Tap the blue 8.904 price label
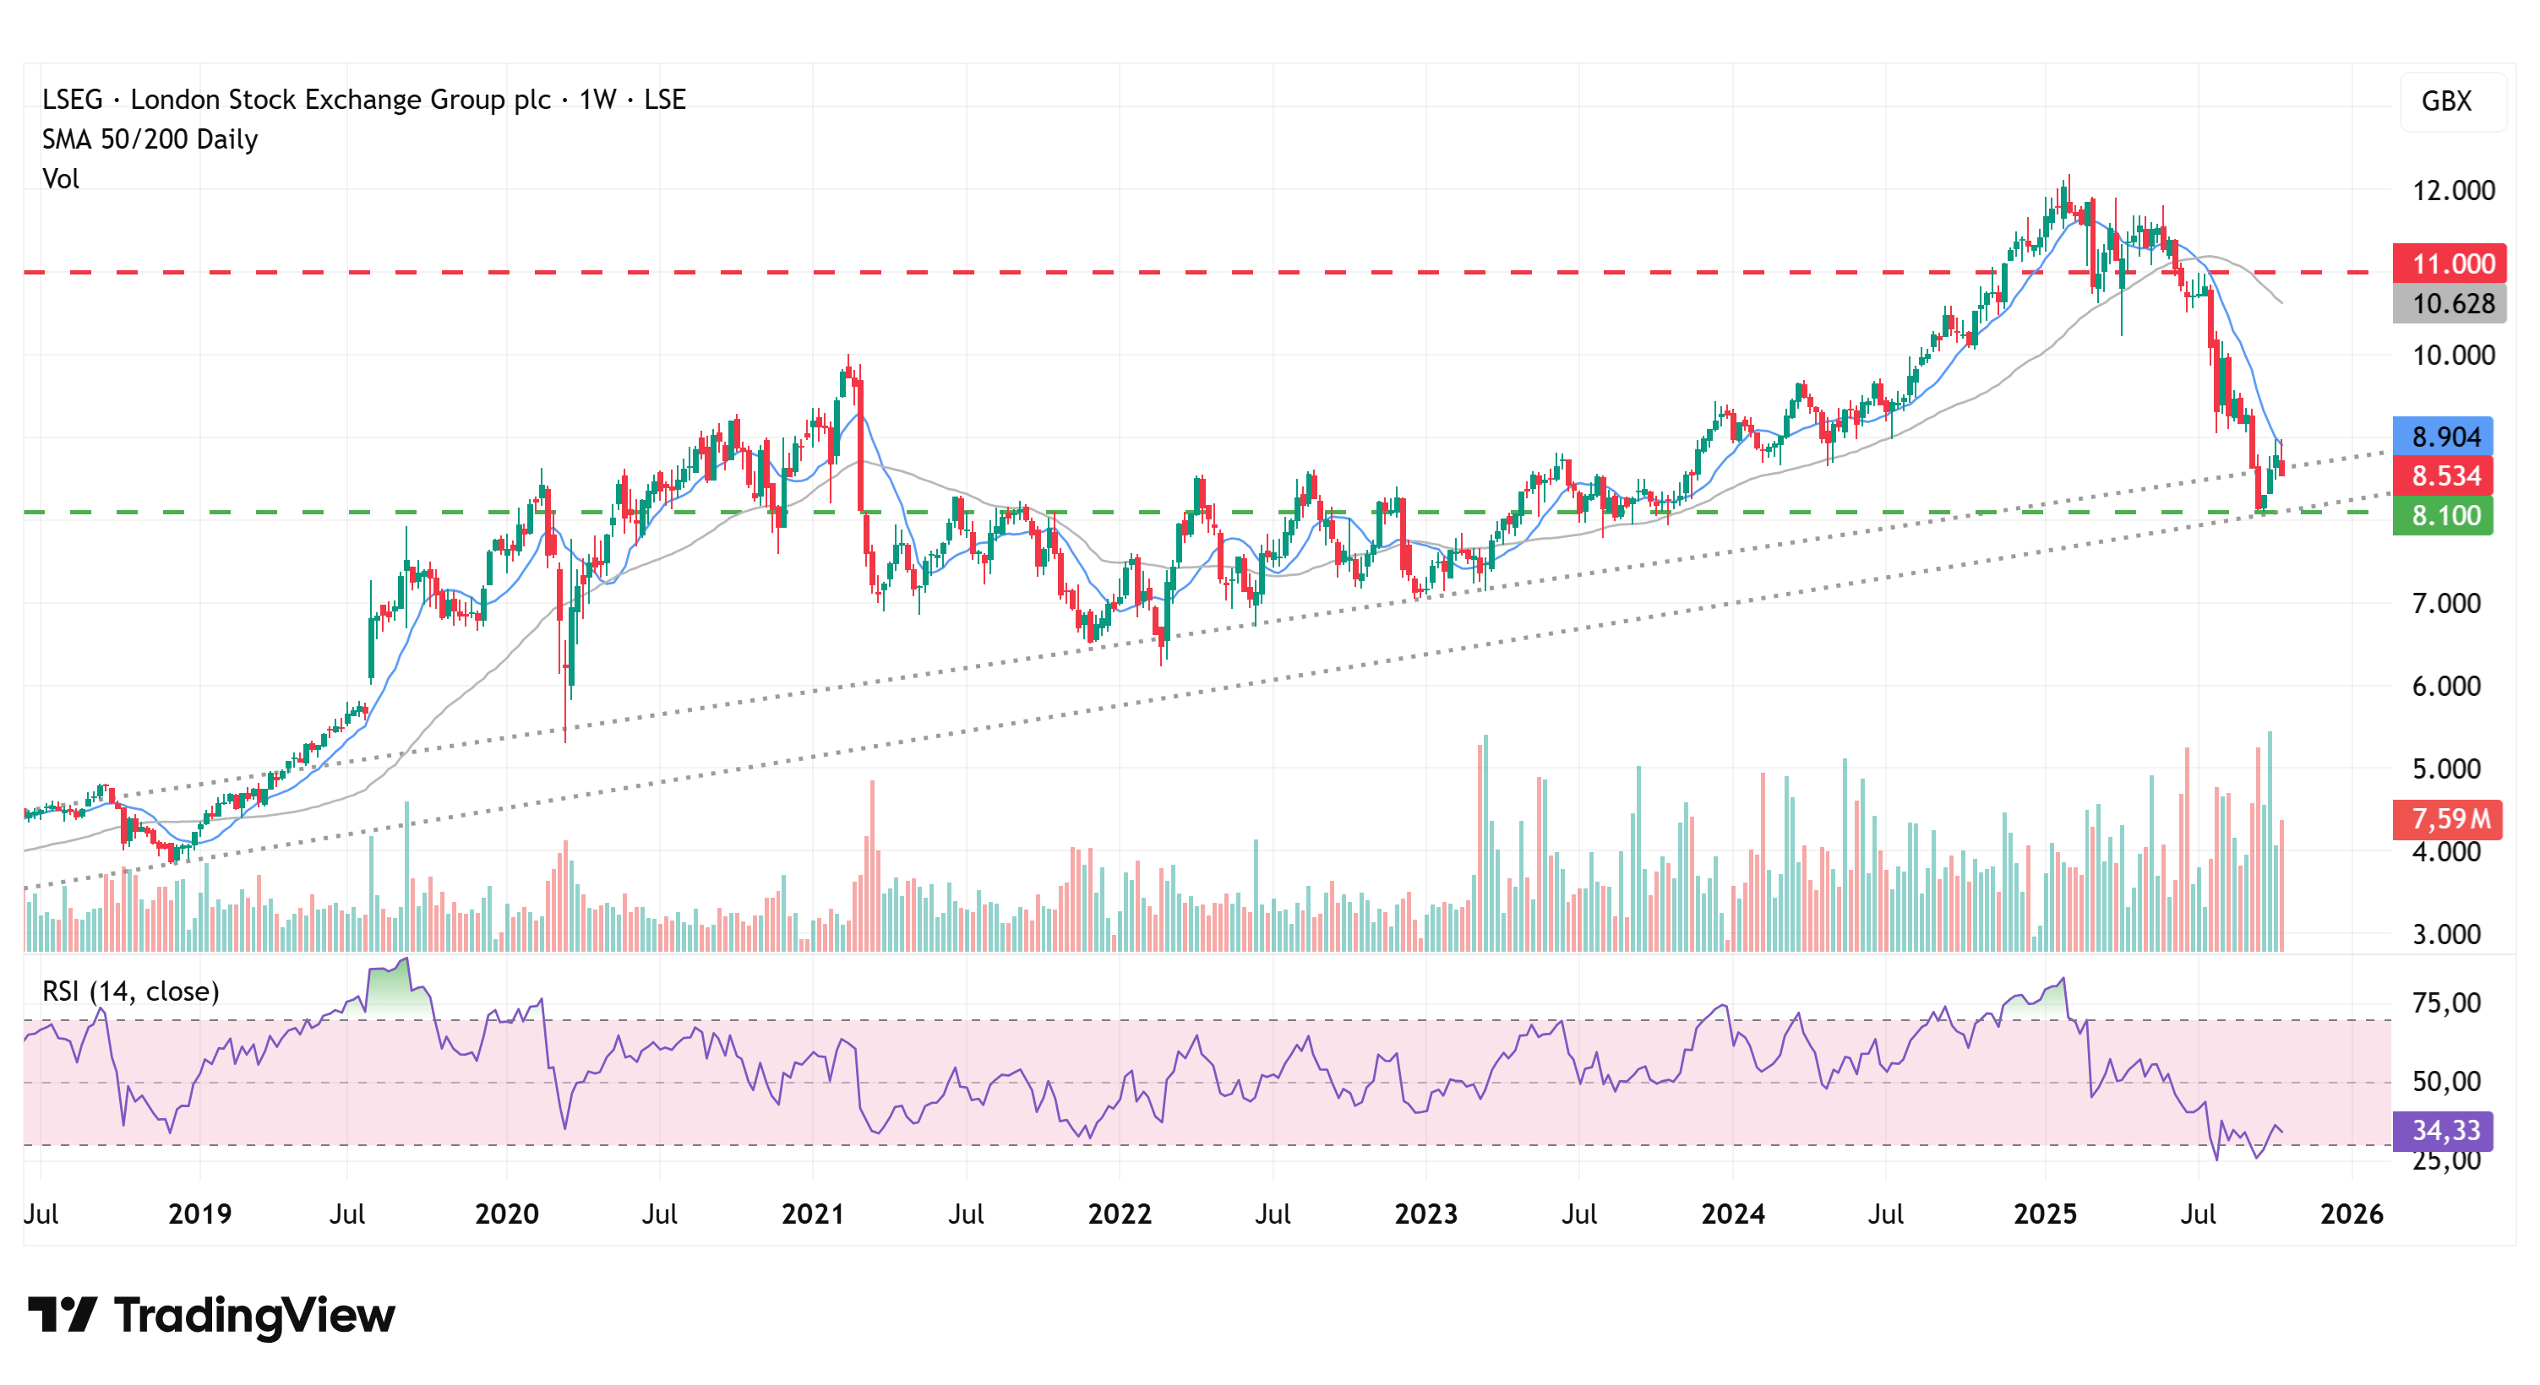pyautogui.click(x=2444, y=437)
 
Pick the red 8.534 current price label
pyautogui.click(x=2444, y=476)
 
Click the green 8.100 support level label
pyautogui.click(x=2444, y=515)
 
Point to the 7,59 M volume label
pyautogui.click(x=2448, y=819)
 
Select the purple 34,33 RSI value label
pyautogui.click(x=2444, y=1131)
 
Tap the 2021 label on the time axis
pyautogui.click(x=813, y=1214)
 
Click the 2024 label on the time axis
pyautogui.click(x=1732, y=1214)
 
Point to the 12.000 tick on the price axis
pyautogui.click(x=2452, y=190)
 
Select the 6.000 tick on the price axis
pyautogui.click(x=2445, y=686)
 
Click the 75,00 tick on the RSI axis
pyautogui.click(x=2445, y=1003)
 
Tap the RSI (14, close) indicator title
pyautogui.click(x=130, y=991)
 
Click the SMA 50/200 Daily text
pyautogui.click(x=150, y=139)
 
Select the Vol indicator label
pyautogui.click(x=60, y=178)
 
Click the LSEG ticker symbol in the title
pyautogui.click(x=72, y=100)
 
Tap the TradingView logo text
pyautogui.click(x=253, y=1315)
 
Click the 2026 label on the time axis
pyautogui.click(x=2352, y=1214)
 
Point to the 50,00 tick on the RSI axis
pyautogui.click(x=2445, y=1081)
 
